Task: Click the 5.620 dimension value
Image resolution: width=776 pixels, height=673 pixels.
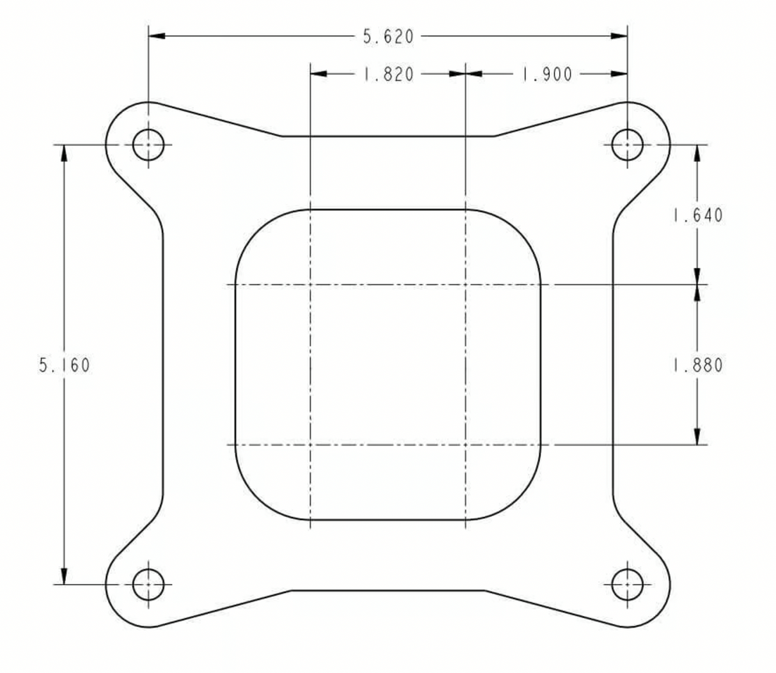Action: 388,37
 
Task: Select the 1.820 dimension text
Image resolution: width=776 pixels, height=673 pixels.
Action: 388,74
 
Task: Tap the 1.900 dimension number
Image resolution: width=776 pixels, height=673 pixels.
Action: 547,74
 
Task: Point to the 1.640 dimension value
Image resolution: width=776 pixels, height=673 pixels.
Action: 697,215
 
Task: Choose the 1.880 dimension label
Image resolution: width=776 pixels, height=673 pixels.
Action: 697,366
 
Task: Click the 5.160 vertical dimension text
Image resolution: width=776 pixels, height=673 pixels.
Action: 65,366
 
